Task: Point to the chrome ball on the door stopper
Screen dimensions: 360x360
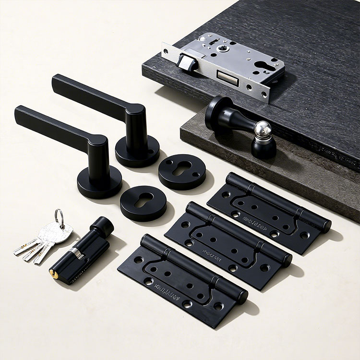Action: pyautogui.click(x=262, y=129)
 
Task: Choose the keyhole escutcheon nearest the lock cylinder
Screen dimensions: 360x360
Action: pyautogui.click(x=144, y=202)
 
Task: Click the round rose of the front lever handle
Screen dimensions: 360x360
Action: pyautogui.click(x=99, y=182)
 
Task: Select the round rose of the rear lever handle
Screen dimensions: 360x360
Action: pyautogui.click(x=137, y=150)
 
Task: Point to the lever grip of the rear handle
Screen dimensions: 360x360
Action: pyautogui.click(x=89, y=94)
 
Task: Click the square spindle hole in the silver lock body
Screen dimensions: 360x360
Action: pyautogui.click(x=222, y=48)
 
